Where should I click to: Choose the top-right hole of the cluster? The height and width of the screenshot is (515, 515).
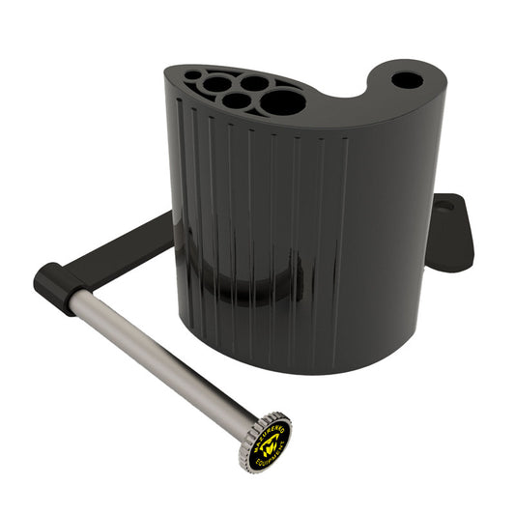(254, 82)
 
